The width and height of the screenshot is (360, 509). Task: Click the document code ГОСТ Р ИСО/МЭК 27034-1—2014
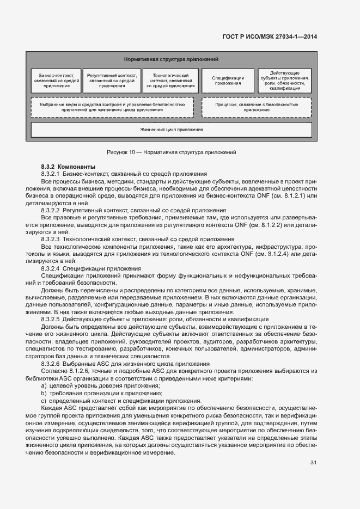tap(270, 36)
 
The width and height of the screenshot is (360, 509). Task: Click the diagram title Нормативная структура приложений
tap(171, 59)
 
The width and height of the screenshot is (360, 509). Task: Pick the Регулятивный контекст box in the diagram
tap(112, 79)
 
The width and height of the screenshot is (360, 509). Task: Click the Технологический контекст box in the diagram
tap(170, 79)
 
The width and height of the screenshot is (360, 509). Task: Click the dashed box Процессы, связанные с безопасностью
tap(257, 107)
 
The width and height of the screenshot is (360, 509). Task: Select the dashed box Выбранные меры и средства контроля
tap(112, 107)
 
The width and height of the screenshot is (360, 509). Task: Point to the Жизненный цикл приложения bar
tap(171, 130)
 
